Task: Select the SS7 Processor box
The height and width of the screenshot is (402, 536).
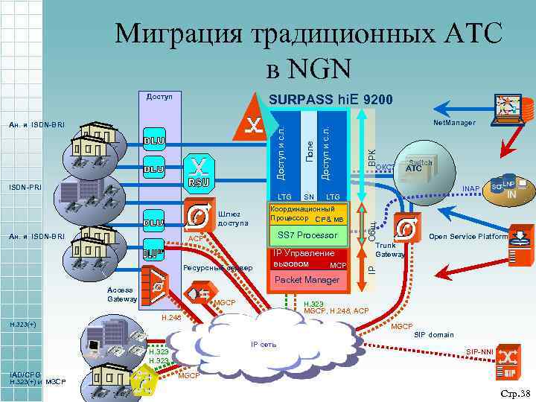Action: [307, 236]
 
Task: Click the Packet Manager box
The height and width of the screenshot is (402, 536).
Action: [307, 280]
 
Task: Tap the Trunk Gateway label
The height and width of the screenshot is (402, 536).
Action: [389, 249]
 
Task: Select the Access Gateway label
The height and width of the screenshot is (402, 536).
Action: [121, 295]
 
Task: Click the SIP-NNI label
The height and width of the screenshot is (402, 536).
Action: [479, 351]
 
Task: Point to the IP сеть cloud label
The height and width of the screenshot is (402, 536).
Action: [264, 345]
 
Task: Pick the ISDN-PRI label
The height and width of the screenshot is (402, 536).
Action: [25, 187]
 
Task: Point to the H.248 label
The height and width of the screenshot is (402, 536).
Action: [170, 318]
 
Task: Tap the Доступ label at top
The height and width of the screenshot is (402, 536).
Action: [159, 97]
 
